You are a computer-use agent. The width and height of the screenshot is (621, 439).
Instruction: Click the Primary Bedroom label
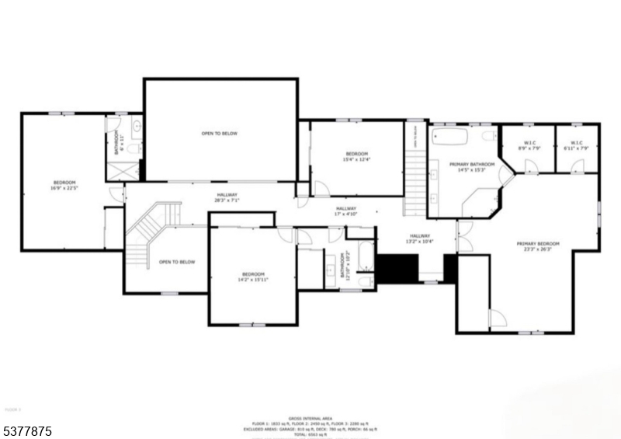[x=538, y=246]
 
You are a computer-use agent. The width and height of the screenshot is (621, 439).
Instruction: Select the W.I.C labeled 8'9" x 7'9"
[x=531, y=145]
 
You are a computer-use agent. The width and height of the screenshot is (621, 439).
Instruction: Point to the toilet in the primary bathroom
[x=489, y=136]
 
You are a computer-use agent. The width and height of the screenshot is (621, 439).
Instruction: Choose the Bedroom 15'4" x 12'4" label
[x=357, y=156]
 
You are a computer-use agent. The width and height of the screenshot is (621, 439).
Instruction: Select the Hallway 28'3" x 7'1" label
[x=227, y=197]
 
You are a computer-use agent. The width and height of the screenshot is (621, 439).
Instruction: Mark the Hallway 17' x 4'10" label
[x=346, y=211]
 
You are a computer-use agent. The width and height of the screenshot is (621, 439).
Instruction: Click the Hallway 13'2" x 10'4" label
[x=420, y=239]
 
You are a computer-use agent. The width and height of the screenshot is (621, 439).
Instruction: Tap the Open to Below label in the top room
[x=220, y=134]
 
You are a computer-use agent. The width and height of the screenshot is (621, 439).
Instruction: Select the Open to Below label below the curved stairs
[x=177, y=262]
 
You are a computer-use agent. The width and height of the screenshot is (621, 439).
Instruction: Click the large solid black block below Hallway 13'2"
[x=394, y=269]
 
